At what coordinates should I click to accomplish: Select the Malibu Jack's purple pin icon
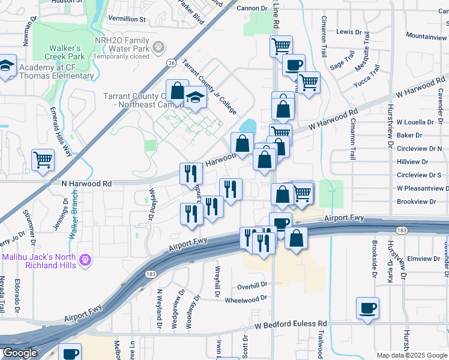click(86, 260)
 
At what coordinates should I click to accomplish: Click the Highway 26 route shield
click(172, 62)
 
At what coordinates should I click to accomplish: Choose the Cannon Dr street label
click(252, 8)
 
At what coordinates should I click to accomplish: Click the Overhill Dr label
click(251, 286)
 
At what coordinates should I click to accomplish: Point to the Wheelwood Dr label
click(245, 299)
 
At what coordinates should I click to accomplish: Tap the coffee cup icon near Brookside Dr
click(367, 308)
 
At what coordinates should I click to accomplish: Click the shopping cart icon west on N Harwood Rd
click(43, 160)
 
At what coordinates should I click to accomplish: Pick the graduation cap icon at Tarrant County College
click(195, 97)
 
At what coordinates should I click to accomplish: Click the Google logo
click(20, 353)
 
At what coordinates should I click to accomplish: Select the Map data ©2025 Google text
click(411, 355)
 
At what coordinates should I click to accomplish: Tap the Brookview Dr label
click(416, 202)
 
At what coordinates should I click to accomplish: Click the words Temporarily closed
click(121, 56)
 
